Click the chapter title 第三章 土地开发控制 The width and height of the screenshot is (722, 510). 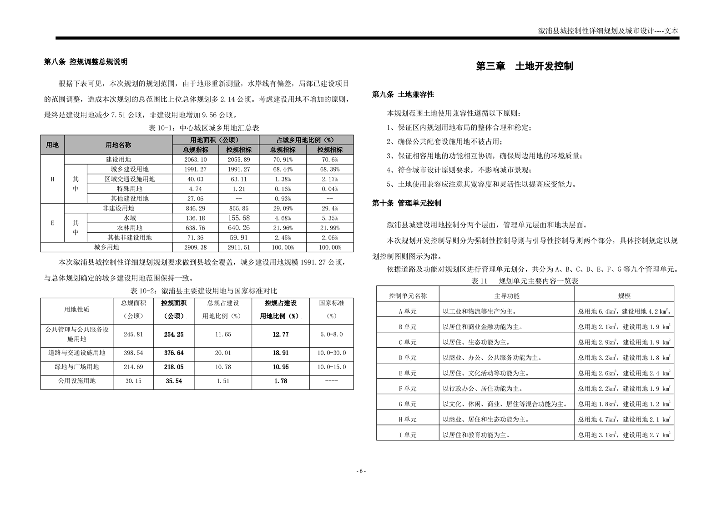pyautogui.click(x=524, y=66)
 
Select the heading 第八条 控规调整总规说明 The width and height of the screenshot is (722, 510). pyautogui.click(x=86, y=62)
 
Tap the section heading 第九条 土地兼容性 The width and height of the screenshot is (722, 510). pyautogui.click(x=403, y=95)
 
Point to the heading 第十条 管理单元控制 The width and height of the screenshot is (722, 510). pyautogui.click(x=406, y=203)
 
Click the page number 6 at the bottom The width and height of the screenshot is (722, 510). pyautogui.click(x=361, y=471)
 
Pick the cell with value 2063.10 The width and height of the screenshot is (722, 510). pyautogui.click(x=196, y=160)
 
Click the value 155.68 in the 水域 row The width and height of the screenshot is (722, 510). pyautogui.click(x=239, y=218)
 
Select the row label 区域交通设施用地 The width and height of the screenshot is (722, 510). pyautogui.click(x=130, y=179)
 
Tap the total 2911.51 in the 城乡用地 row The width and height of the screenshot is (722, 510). pyautogui.click(x=239, y=247)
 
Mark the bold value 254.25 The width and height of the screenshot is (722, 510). pyautogui.click(x=174, y=335)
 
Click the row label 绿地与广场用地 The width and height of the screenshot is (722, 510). pyautogui.click(x=76, y=367)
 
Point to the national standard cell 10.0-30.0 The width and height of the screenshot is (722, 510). pyautogui.click(x=331, y=353)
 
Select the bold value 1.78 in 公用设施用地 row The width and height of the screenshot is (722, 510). pyautogui.click(x=281, y=381)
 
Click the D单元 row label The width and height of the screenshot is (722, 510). pyautogui.click(x=408, y=358)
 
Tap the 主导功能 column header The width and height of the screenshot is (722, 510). pyautogui.click(x=507, y=295)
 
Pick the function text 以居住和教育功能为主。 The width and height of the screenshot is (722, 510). pyautogui.click(x=476, y=435)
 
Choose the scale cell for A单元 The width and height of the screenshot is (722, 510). pyautogui.click(x=624, y=311)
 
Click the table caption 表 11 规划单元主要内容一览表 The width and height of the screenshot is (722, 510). pyautogui.click(x=525, y=281)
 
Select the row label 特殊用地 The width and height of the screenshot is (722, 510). pyautogui.click(x=130, y=189)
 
